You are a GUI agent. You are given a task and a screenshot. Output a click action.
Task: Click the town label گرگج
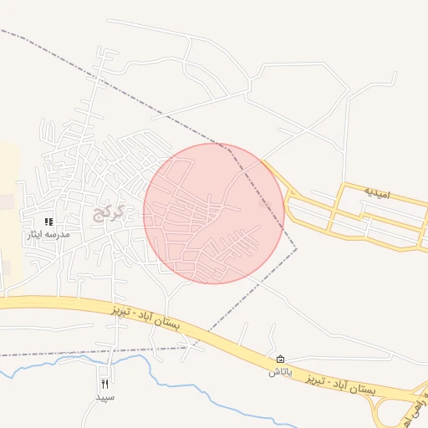110,213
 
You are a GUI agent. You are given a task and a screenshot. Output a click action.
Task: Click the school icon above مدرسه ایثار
49,222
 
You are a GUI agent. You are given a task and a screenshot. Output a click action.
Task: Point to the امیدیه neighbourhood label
376,193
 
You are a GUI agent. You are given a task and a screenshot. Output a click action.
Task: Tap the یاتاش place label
279,370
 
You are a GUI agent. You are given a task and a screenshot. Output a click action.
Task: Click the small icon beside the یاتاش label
279,358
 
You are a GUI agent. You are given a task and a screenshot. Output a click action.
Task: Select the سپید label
104,396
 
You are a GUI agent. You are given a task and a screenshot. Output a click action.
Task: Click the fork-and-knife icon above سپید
104,384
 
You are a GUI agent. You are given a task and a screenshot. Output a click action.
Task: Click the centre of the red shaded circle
214,213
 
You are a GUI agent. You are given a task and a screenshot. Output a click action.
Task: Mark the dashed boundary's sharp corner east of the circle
297,248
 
